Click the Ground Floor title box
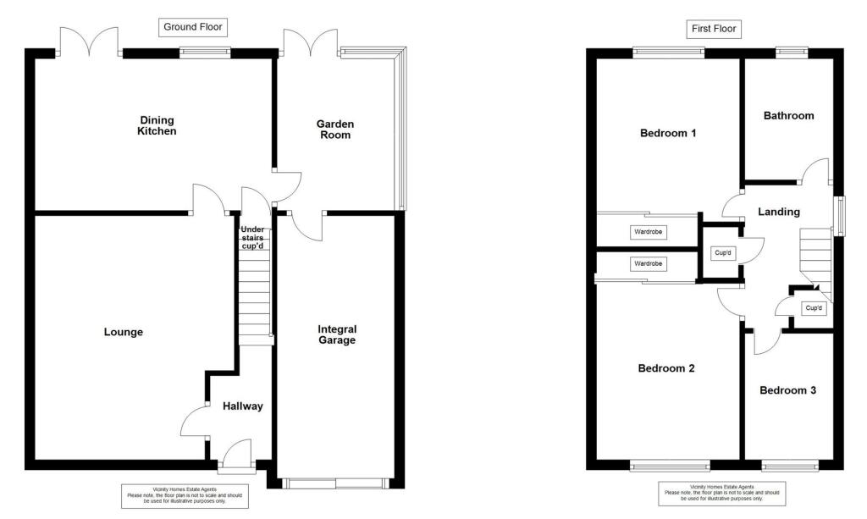[192, 27]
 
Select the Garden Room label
[335, 129]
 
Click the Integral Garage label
[337, 334]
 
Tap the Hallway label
[243, 406]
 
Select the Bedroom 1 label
[668, 133]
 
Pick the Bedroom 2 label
[666, 368]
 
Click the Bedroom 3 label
[787, 390]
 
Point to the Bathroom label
[788, 115]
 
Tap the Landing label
[778, 212]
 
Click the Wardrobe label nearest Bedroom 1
[648, 232]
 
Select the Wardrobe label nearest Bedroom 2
[648, 264]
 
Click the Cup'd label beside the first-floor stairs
[815, 308]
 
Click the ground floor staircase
[254, 296]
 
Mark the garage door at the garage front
[335, 483]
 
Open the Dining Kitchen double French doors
[90, 42]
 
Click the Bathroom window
[792, 52]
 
